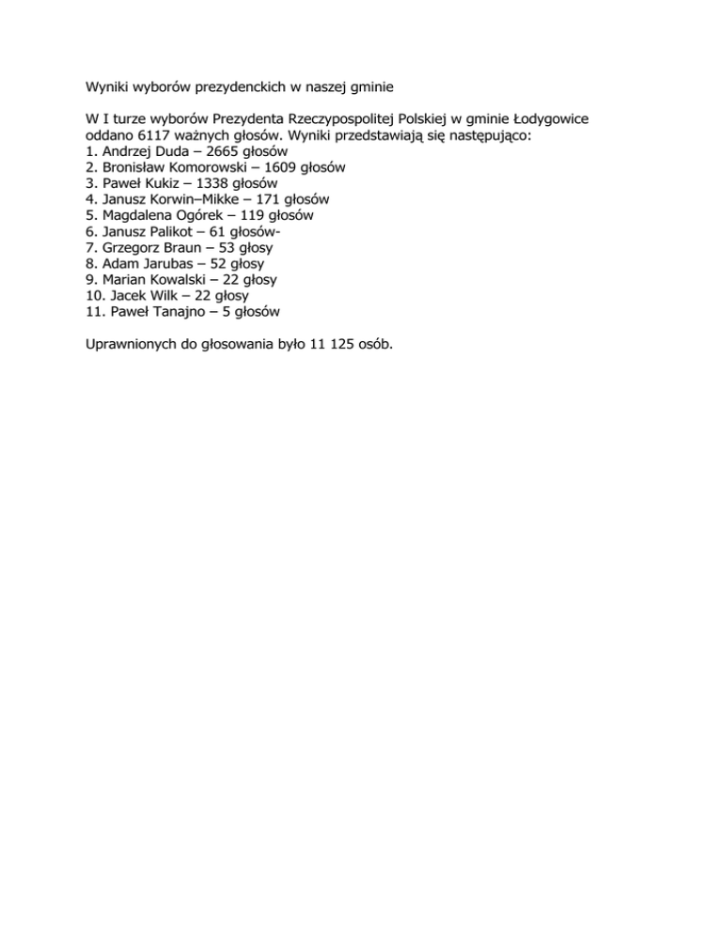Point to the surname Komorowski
click(204, 167)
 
